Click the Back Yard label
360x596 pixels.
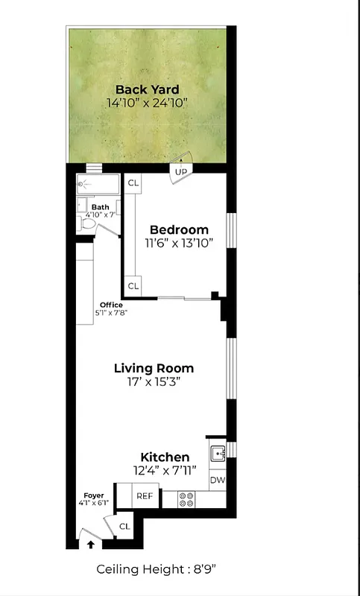click(147, 90)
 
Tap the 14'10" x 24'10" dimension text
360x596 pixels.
click(147, 104)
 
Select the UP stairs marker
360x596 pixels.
click(180, 172)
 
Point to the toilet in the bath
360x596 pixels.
click(87, 222)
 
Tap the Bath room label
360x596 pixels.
click(100, 207)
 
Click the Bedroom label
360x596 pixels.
click(179, 229)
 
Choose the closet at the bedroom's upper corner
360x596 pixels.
click(133, 183)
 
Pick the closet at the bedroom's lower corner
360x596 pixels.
click(133, 285)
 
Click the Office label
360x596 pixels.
click(111, 305)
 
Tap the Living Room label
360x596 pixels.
click(154, 368)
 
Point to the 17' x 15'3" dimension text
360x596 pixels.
click(154, 382)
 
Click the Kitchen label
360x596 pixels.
click(165, 457)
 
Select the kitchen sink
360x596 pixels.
click(217, 452)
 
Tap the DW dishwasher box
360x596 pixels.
click(217, 480)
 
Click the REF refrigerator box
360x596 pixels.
click(144, 495)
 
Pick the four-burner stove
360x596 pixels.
click(186, 498)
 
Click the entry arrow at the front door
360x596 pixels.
click(91, 545)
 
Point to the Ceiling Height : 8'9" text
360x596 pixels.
click(156, 569)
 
